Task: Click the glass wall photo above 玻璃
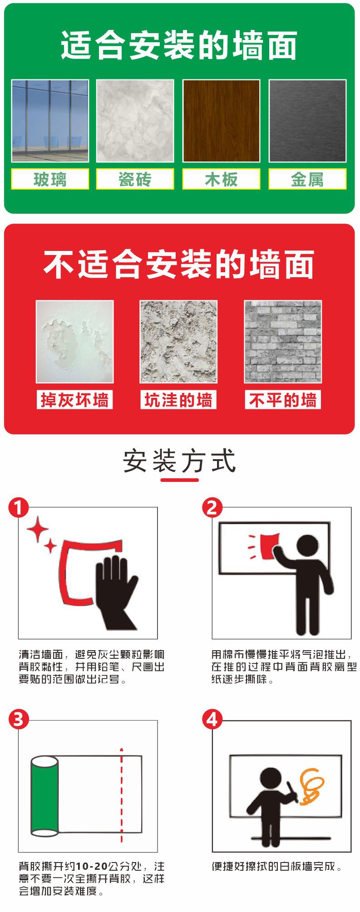50,121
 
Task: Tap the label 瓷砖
135,179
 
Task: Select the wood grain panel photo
221,121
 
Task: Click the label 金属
307,179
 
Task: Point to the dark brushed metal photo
307,121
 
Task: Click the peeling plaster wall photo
74,342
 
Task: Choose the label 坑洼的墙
178,400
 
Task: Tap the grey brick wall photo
282,342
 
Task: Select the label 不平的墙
282,400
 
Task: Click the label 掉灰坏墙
74,400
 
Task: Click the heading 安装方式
180,461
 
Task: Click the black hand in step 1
113,590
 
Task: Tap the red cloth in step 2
266,546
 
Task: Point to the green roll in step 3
45,794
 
